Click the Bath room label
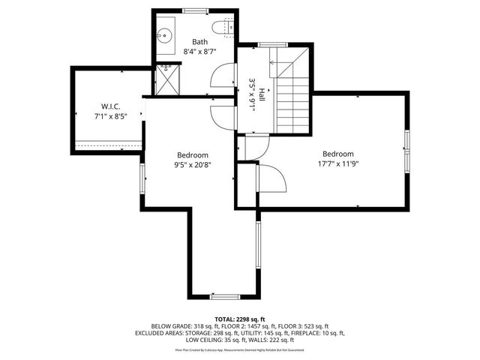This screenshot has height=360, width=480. point(199,42)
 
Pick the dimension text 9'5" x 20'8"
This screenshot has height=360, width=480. point(193,165)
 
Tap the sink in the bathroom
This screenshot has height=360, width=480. point(165,34)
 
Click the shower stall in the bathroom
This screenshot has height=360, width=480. point(166,79)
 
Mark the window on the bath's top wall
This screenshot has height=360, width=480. point(196,10)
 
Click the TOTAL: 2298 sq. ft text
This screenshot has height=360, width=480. point(239,319)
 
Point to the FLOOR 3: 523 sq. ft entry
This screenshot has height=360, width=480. point(305,325)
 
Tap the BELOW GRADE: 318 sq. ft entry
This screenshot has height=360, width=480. point(180,325)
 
